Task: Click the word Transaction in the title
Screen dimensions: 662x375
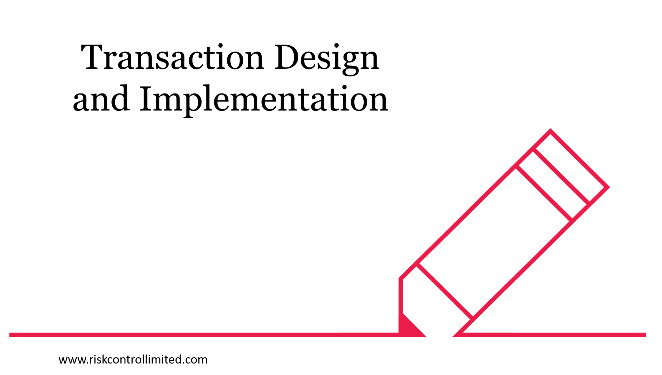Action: (x=172, y=57)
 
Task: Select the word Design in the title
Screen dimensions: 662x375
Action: (x=327, y=59)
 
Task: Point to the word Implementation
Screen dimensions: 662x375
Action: (x=264, y=100)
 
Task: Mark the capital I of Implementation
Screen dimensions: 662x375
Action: (x=147, y=98)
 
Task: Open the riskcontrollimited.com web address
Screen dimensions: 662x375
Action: (x=133, y=359)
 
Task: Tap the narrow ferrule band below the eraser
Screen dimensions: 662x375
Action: (x=553, y=185)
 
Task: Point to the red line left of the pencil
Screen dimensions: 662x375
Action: (x=204, y=335)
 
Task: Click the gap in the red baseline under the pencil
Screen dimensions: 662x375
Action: (x=439, y=335)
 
